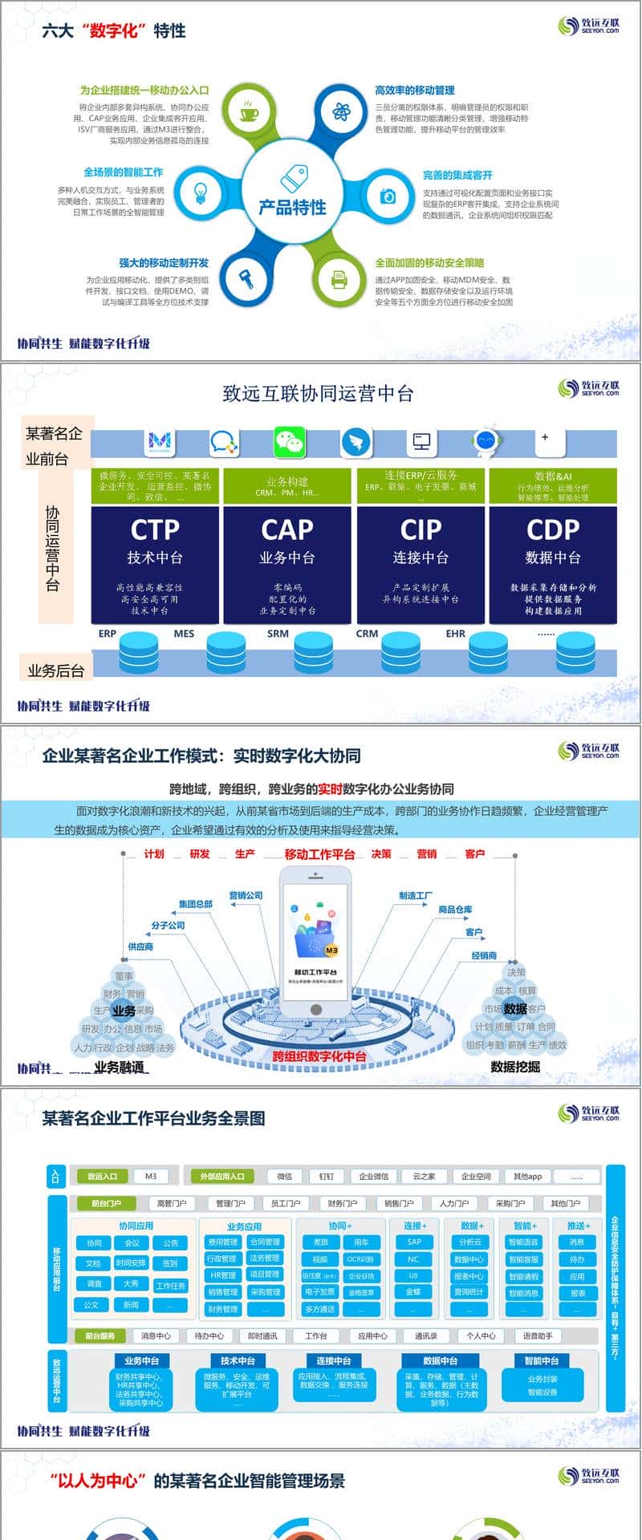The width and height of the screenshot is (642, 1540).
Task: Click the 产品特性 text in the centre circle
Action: pyautogui.click(x=292, y=207)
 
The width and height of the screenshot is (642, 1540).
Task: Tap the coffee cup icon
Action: pyautogui.click(x=248, y=112)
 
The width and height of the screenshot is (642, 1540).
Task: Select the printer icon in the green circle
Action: pyautogui.click(x=339, y=279)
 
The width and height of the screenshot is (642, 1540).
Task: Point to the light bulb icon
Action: pyautogui.click(x=201, y=192)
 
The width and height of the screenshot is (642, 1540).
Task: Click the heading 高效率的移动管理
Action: pyautogui.click(x=414, y=91)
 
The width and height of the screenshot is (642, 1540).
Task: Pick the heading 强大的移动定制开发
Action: pyautogui.click(x=164, y=263)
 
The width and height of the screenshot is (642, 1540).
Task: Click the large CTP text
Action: pyautogui.click(x=155, y=529)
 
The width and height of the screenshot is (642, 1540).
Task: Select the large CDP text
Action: pyautogui.click(x=553, y=529)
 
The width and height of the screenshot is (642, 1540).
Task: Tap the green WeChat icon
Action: pyautogui.click(x=290, y=442)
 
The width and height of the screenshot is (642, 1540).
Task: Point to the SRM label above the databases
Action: pyautogui.click(x=278, y=634)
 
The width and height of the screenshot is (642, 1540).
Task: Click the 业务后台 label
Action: pyautogui.click(x=55, y=671)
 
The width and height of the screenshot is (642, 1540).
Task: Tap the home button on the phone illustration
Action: pyautogui.click(x=316, y=1010)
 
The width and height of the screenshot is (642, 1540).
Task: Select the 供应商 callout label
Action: pyautogui.click(x=140, y=947)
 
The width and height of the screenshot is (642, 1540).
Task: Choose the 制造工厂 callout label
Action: pyautogui.click(x=415, y=896)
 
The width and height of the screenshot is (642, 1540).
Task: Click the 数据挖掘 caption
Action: pyautogui.click(x=515, y=1067)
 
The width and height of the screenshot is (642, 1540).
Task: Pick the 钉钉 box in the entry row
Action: pyautogui.click(x=326, y=1177)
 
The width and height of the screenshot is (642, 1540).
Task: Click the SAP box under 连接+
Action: pyautogui.click(x=413, y=1242)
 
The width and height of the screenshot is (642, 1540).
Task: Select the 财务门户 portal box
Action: pyautogui.click(x=342, y=1204)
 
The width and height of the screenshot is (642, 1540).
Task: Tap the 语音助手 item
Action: pyautogui.click(x=537, y=1336)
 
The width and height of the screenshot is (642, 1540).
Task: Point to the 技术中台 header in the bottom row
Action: pyautogui.click(x=238, y=1361)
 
